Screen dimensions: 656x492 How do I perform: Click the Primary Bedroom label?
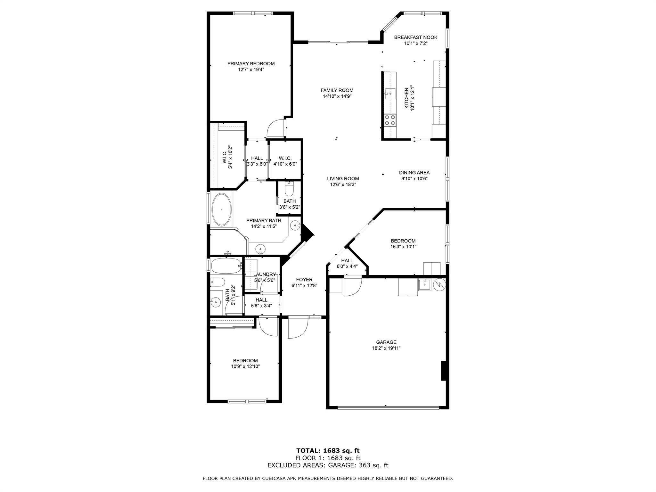[251, 63]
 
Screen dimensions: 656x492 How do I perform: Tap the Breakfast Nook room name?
[415, 37]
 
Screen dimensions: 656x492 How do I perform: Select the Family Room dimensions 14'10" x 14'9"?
[337, 96]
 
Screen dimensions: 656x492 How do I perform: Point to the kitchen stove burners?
[390, 120]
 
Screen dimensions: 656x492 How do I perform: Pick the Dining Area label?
[414, 173]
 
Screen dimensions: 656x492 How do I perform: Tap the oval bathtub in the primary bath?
[222, 209]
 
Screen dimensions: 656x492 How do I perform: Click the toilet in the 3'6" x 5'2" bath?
[289, 189]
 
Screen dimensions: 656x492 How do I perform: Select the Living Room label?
[343, 178]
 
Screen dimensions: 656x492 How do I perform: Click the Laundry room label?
[265, 274]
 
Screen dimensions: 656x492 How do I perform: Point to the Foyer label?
[304, 280]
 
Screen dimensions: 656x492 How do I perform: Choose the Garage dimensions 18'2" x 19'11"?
[386, 348]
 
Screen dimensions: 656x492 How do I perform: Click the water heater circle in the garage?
[439, 284]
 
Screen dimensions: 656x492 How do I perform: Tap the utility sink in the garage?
[424, 284]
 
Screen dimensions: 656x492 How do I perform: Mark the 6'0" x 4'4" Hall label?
[347, 261]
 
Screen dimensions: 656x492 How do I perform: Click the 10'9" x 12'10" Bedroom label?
[245, 361]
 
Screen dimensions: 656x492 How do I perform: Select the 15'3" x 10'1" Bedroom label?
[403, 241]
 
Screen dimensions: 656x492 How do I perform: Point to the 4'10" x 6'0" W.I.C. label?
[285, 158]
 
